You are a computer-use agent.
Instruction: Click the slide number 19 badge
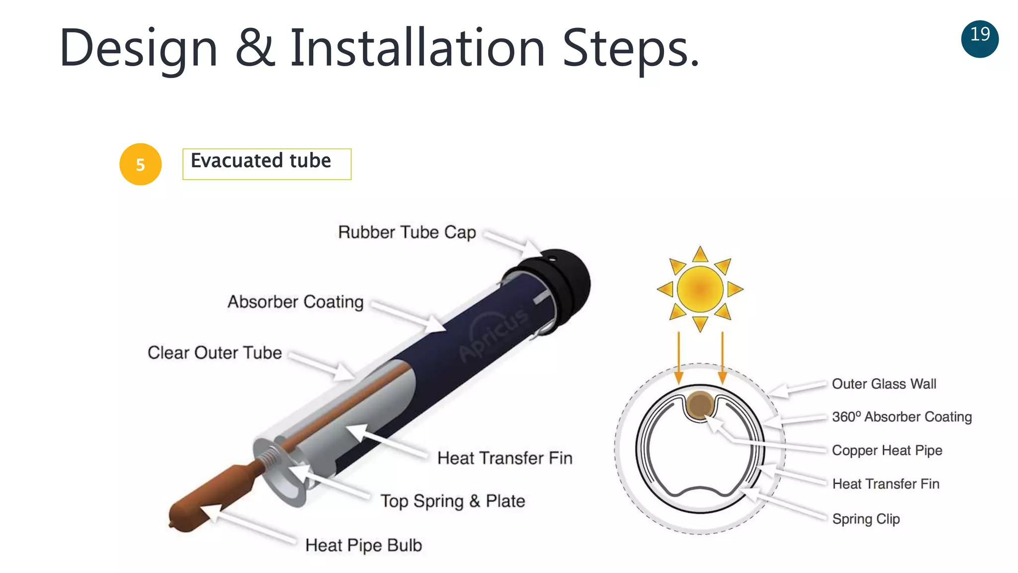[980, 39]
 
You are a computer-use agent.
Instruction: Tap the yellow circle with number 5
[141, 164]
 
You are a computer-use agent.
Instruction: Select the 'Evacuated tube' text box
[266, 164]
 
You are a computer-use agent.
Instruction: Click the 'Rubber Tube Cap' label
[407, 232]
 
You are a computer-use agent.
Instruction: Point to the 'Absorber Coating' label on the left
[295, 302]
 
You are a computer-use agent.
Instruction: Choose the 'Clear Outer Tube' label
[214, 353]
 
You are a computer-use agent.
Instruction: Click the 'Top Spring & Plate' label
[452, 501]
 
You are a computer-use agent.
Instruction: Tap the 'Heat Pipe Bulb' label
[363, 545]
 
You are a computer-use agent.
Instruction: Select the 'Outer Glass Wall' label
[884, 384]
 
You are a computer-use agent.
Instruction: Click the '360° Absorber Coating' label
[902, 417]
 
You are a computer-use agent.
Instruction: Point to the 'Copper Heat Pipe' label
[887, 450]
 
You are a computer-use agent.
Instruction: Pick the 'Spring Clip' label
[866, 519]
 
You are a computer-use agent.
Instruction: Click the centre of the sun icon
[700, 289]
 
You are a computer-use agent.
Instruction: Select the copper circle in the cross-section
[700, 404]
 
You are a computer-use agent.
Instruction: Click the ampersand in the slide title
[254, 48]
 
